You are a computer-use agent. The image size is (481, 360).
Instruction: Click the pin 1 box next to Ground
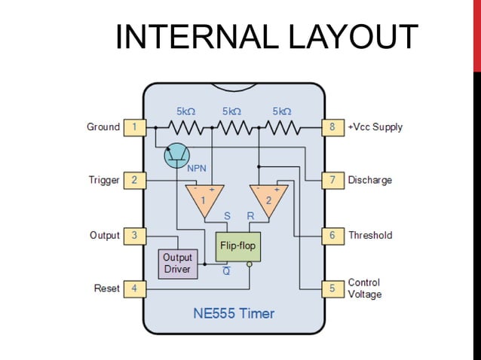(134, 127)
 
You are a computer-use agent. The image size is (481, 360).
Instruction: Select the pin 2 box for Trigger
(134, 181)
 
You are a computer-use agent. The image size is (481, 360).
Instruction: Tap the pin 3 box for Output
(134, 236)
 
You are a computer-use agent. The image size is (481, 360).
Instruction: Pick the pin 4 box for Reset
(134, 288)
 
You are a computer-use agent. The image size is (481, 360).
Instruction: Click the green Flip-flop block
(237, 246)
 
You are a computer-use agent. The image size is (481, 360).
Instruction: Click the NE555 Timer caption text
(234, 313)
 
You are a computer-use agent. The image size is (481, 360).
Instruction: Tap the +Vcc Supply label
(375, 127)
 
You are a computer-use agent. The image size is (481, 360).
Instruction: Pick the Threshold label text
(370, 236)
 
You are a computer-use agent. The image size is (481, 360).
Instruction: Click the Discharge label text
(369, 181)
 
